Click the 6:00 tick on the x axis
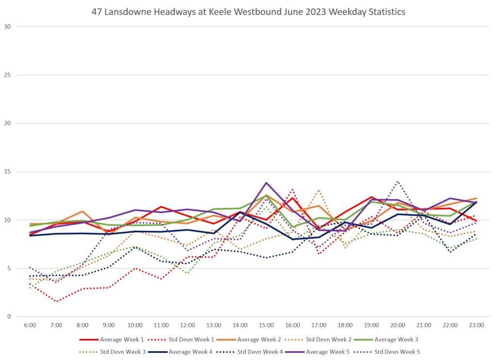click(30, 325)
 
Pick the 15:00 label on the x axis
click(266, 325)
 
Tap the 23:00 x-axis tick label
click(477, 325)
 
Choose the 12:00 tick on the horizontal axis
click(188, 325)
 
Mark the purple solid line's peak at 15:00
click(266, 183)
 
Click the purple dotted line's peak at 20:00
click(398, 181)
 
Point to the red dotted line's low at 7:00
click(57, 302)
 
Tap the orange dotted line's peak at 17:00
click(319, 190)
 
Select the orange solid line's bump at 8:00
click(83, 211)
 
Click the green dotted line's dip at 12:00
click(188, 273)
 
